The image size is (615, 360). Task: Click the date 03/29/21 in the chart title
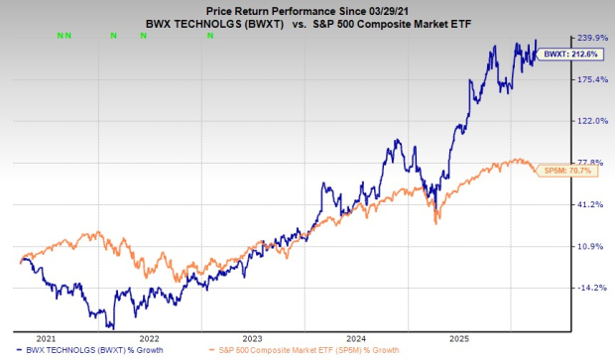tap(396, 7)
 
